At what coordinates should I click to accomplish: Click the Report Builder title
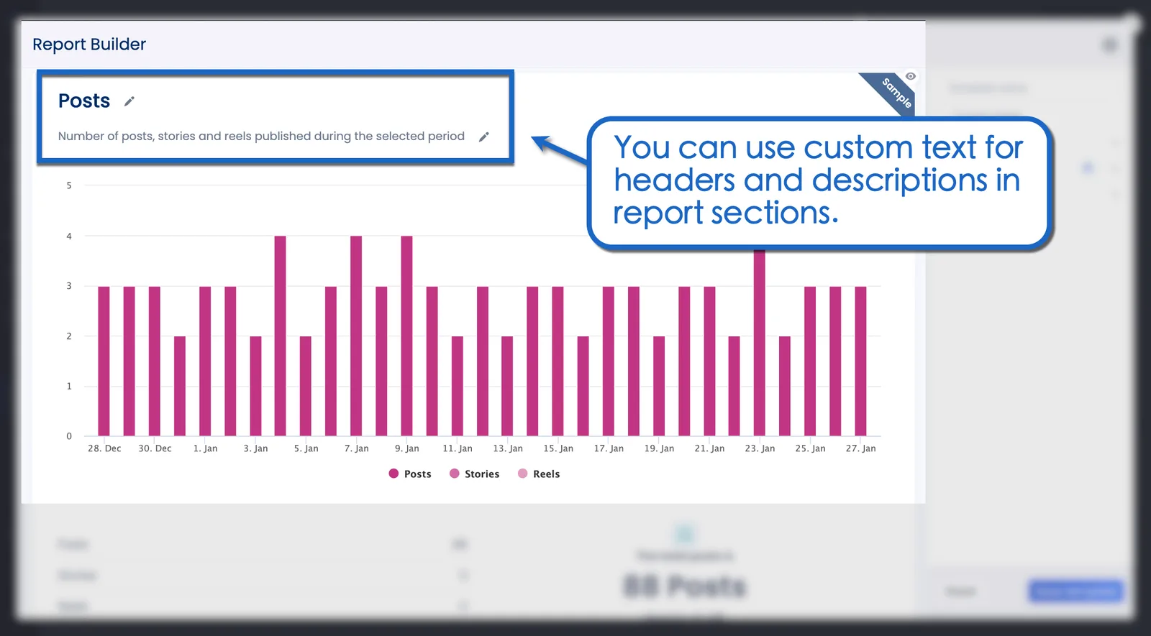pyautogui.click(x=89, y=45)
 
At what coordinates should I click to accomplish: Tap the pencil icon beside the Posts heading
pyautogui.click(x=129, y=101)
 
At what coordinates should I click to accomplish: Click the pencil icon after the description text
pyautogui.click(x=484, y=137)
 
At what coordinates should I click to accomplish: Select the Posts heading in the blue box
pyautogui.click(x=84, y=101)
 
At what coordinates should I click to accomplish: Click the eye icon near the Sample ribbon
pyautogui.click(x=911, y=76)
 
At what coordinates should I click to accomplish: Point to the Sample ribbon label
pyautogui.click(x=896, y=93)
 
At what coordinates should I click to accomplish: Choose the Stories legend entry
pyautogui.click(x=475, y=474)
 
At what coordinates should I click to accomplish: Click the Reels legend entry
pyautogui.click(x=539, y=474)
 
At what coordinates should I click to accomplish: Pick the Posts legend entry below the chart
pyautogui.click(x=410, y=474)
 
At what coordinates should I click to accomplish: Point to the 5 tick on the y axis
pyautogui.click(x=69, y=185)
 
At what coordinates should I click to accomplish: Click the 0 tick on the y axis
pyautogui.click(x=69, y=436)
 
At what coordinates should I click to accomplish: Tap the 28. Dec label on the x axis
pyautogui.click(x=104, y=448)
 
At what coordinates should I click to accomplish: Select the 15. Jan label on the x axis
pyautogui.click(x=558, y=448)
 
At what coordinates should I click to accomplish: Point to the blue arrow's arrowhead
pyautogui.click(x=538, y=141)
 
